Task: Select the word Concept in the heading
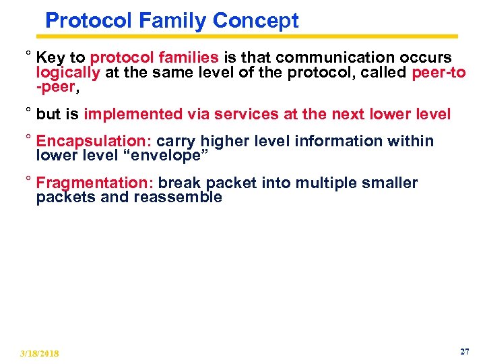(255, 21)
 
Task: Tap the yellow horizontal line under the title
(251, 36)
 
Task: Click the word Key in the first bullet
(51, 57)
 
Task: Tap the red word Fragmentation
(96, 183)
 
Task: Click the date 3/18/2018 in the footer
(40, 353)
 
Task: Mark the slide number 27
(464, 351)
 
